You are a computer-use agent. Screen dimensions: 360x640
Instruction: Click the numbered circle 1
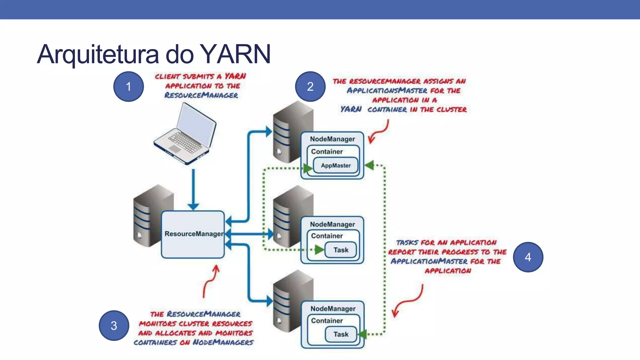tap(128, 87)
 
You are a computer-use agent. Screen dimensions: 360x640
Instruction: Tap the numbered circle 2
tap(310, 87)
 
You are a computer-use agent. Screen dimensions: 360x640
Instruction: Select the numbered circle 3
tap(114, 326)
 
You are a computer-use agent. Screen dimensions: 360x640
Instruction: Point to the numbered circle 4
tap(528, 257)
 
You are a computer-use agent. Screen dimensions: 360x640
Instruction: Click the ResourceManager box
tap(193, 234)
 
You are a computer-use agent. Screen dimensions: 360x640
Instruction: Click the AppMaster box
tap(336, 166)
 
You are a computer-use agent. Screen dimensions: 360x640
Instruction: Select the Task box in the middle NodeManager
tap(341, 250)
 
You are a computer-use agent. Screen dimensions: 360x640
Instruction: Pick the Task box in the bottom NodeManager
tap(341, 334)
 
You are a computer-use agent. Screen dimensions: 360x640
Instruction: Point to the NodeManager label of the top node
tap(332, 139)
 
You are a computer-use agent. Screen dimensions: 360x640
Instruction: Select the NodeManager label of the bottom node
tap(333, 309)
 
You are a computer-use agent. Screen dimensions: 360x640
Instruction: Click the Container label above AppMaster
tap(327, 152)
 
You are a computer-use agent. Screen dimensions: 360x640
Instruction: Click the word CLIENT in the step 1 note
tap(167, 77)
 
